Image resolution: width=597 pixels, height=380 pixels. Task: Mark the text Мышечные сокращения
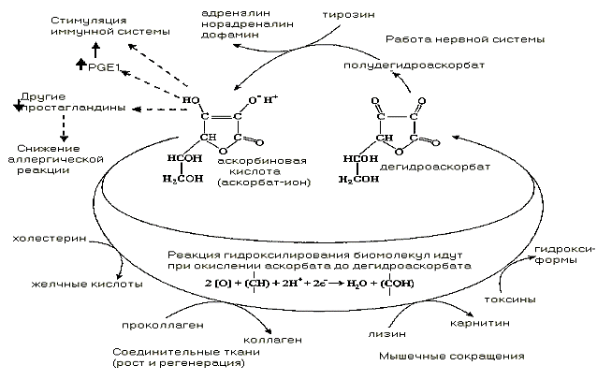click(452, 356)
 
